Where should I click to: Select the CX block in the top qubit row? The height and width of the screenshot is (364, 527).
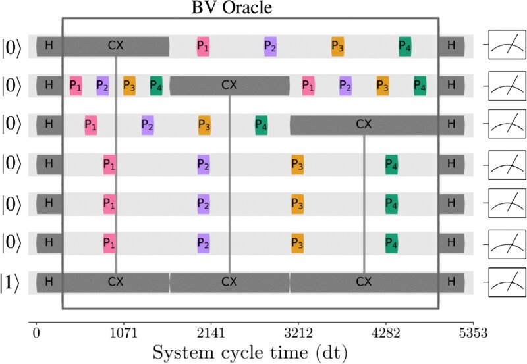(x=115, y=46)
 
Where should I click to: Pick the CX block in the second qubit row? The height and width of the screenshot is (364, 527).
(x=229, y=85)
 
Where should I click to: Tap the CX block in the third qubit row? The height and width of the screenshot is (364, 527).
(x=364, y=124)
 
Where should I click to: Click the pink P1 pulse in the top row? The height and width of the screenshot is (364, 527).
(x=202, y=46)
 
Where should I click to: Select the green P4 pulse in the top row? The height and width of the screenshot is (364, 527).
(x=405, y=46)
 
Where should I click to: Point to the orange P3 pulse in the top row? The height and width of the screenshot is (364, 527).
(x=338, y=46)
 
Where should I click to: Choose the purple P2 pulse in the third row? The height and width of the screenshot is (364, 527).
(x=148, y=125)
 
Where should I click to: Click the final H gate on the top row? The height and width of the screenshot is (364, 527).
(x=451, y=46)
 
